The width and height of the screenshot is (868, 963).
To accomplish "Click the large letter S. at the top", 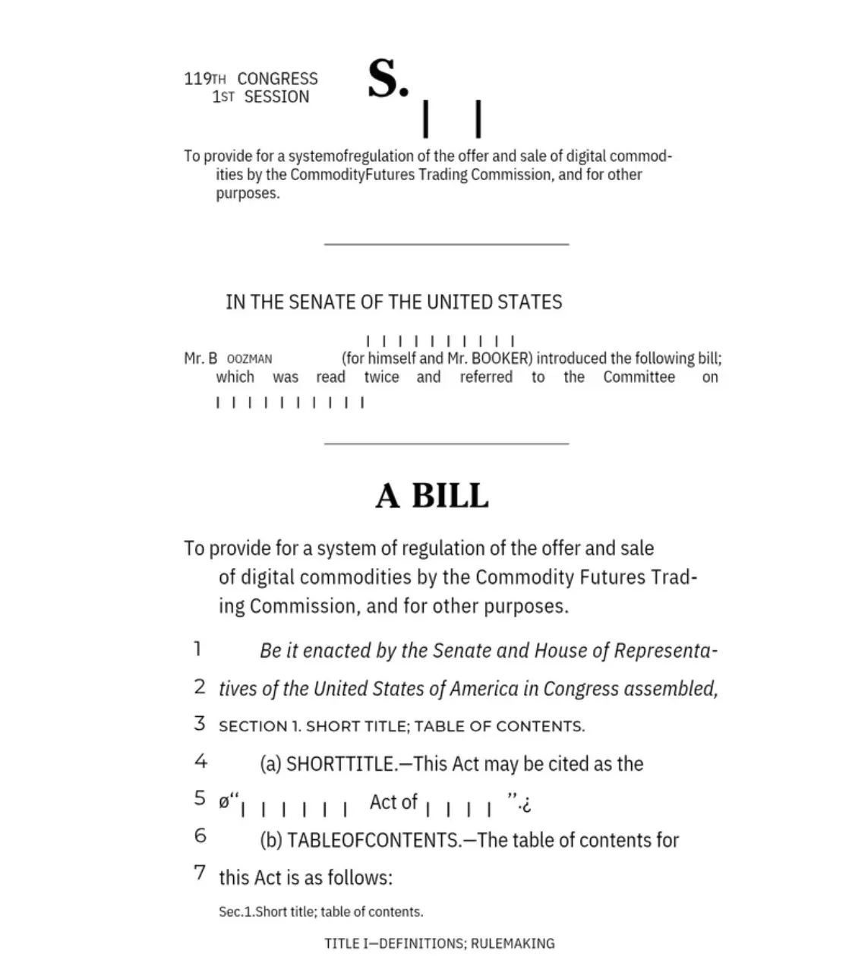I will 387,79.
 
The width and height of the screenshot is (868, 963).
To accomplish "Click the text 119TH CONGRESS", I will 251,79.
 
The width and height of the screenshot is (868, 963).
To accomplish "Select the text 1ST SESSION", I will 260,97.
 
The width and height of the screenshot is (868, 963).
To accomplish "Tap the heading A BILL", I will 432,496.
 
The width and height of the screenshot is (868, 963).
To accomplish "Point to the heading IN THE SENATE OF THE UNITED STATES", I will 393,302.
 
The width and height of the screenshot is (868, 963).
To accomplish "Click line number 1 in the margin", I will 197,649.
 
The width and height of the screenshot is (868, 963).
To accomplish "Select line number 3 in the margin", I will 199,723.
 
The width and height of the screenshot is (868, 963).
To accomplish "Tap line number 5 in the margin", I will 200,797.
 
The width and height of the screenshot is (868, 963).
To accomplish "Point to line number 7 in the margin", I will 200,873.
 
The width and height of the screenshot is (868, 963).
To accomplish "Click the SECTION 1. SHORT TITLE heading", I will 402,726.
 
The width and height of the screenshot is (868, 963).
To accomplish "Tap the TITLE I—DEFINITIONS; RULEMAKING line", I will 440,943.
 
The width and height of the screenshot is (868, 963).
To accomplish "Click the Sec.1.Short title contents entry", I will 320,911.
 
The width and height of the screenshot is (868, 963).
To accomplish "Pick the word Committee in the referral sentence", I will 639,377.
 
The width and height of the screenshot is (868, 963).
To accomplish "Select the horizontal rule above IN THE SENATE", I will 447,245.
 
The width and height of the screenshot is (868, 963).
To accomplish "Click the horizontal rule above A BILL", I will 447,444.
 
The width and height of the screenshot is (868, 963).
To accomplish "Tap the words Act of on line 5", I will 393,802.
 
